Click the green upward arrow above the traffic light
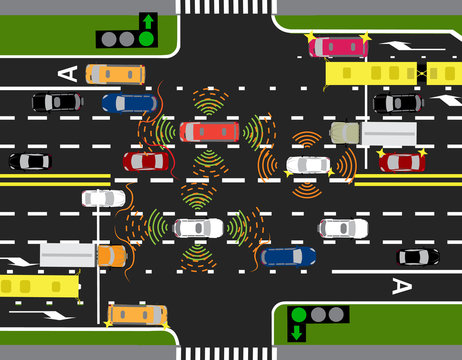[147, 20]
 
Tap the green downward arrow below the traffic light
[298, 332]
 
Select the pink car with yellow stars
[338, 46]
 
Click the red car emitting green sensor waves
[209, 131]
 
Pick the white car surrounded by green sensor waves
[198, 228]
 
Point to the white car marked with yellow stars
[308, 166]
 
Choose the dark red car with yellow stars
[402, 161]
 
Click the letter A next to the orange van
[67, 73]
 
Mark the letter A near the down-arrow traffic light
[401, 286]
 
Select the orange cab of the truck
[111, 256]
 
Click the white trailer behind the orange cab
[68, 254]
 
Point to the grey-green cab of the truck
[345, 132]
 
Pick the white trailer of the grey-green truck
[389, 132]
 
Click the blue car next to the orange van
[129, 102]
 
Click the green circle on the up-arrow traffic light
[147, 39]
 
